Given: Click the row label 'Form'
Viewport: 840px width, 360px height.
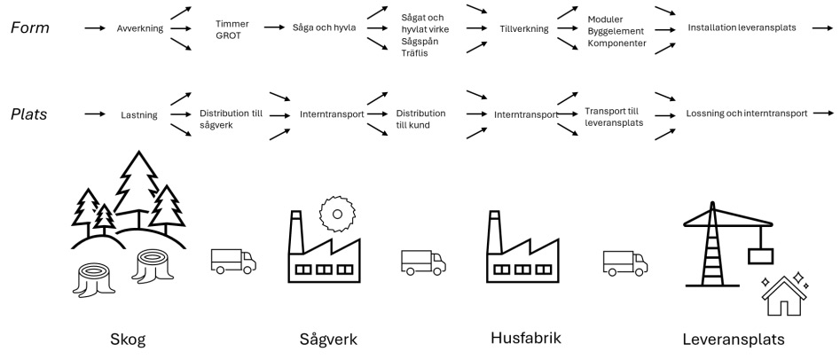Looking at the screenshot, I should pos(31,28).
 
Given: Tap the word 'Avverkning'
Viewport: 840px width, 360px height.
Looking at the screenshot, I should pos(140,28).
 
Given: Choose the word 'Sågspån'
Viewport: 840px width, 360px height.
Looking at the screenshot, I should pos(421,42).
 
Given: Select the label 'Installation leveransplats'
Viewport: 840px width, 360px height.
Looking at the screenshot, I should pos(742,28).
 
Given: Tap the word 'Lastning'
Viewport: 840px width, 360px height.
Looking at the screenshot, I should pos(138,114).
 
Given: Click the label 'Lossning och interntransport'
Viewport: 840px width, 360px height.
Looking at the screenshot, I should pos(746,114).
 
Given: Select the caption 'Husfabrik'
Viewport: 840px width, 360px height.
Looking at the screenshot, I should pos(525,338).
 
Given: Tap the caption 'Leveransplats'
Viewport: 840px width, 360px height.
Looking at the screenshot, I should pos(733,340).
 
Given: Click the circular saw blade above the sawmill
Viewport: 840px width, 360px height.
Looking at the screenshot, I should pos(336,215).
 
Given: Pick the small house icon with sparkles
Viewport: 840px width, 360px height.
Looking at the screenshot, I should pos(784,298).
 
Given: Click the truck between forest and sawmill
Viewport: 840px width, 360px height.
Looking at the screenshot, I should pos(232,260).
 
